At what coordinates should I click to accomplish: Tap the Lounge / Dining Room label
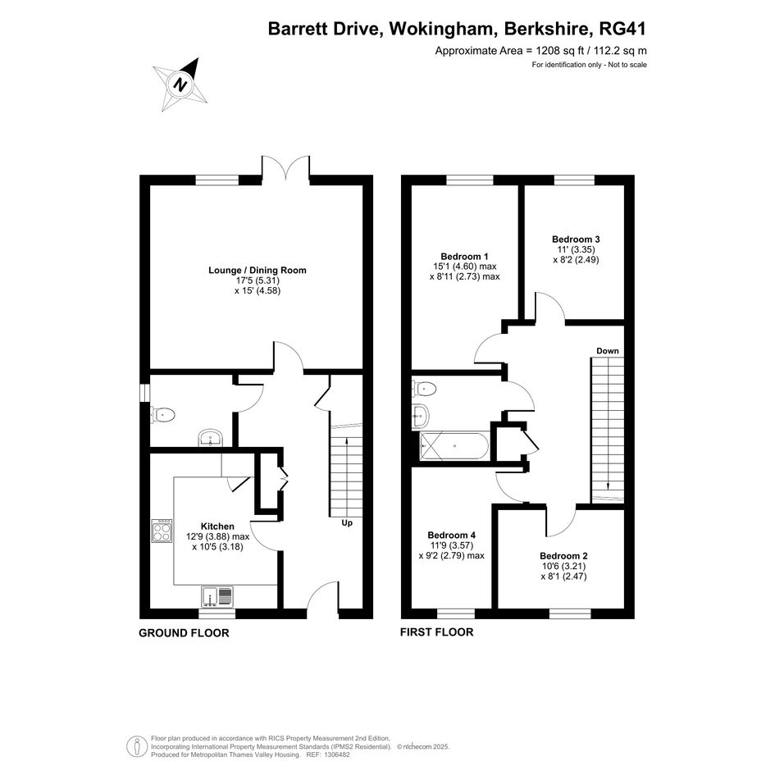pyautogui.click(x=257, y=271)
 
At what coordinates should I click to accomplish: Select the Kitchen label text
pyautogui.click(x=217, y=527)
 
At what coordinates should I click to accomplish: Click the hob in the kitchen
pyautogui.click(x=162, y=531)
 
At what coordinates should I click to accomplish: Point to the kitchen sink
pyautogui.click(x=217, y=596)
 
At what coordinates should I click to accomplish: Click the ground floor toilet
pyautogui.click(x=162, y=415)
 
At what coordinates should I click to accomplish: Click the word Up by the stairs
pyautogui.click(x=347, y=523)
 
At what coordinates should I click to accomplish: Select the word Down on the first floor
pyautogui.click(x=608, y=351)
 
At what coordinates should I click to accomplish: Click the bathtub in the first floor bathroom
pyautogui.click(x=454, y=446)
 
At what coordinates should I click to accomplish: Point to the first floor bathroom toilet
pyautogui.click(x=423, y=389)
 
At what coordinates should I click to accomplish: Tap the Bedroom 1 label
pyautogui.click(x=465, y=257)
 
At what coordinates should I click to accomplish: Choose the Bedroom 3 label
pyautogui.click(x=576, y=239)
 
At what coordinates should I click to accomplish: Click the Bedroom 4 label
pyautogui.click(x=451, y=536)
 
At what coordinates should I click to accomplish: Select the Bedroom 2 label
pyautogui.click(x=563, y=556)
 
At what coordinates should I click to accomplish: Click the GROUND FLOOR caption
pyautogui.click(x=184, y=633)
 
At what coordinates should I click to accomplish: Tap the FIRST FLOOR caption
pyautogui.click(x=437, y=632)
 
